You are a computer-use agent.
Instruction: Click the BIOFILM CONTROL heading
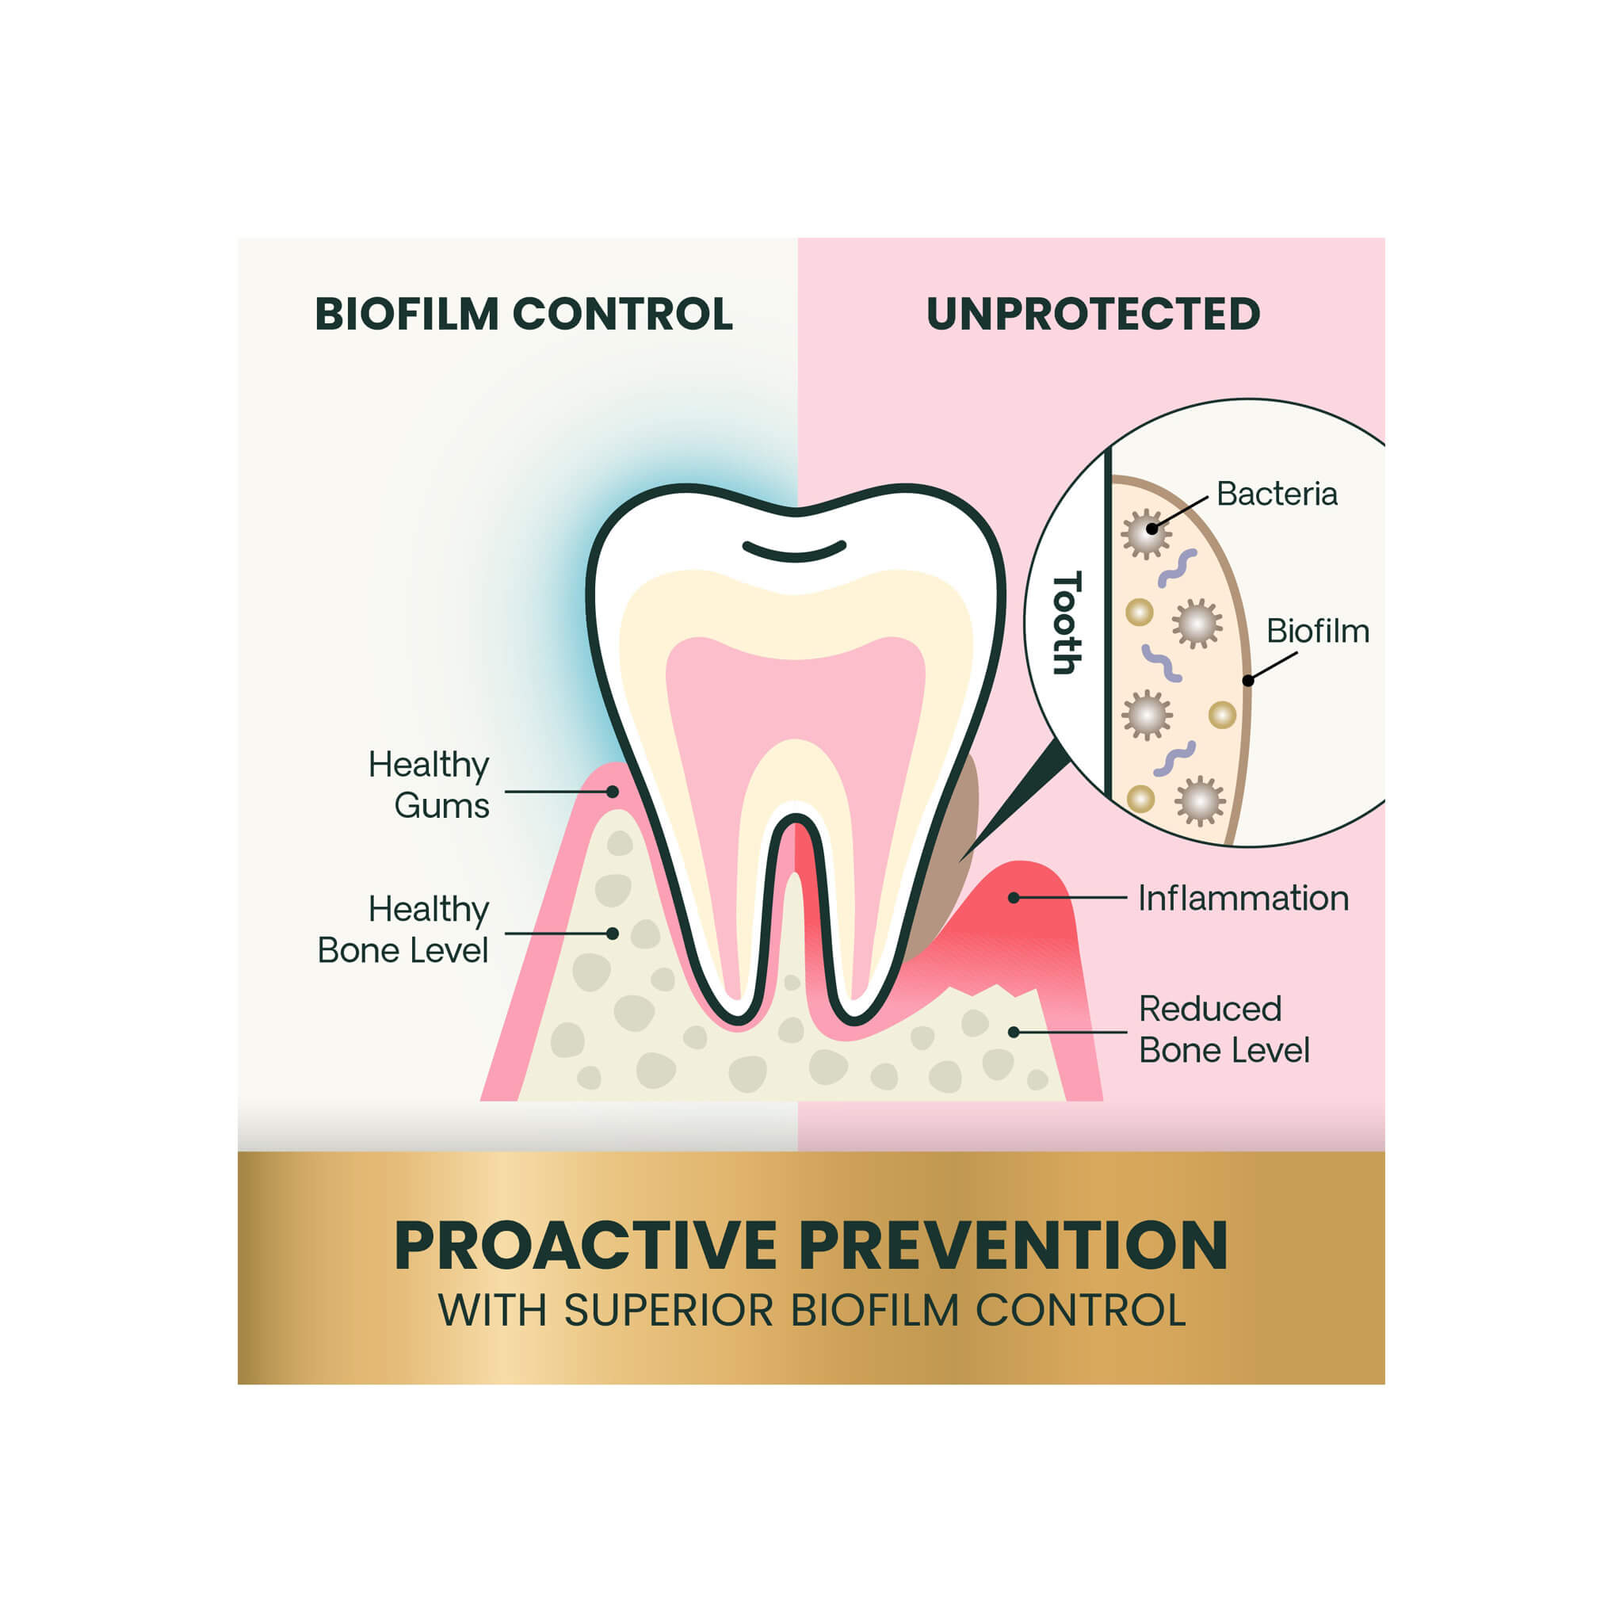coord(523,314)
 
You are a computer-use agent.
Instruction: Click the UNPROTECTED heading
coord(1093,314)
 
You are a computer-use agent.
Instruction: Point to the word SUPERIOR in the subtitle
coord(668,1310)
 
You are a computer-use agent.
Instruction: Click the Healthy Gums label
coord(429,785)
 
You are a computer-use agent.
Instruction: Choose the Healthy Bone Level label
coord(403,929)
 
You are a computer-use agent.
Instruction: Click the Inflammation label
coord(1243,898)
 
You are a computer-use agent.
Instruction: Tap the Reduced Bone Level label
coord(1224,1029)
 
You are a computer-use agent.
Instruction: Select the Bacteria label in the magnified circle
coord(1277,494)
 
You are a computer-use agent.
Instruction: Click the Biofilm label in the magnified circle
coord(1317,631)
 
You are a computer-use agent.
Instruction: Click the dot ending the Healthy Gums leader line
coord(613,792)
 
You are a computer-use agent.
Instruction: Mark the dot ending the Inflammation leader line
coord(1014,898)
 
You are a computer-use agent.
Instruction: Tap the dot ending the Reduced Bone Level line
coord(1014,1032)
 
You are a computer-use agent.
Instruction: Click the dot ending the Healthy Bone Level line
coord(613,934)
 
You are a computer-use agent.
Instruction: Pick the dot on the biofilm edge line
coord(1248,681)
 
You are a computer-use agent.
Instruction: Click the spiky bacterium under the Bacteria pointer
coord(1146,533)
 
